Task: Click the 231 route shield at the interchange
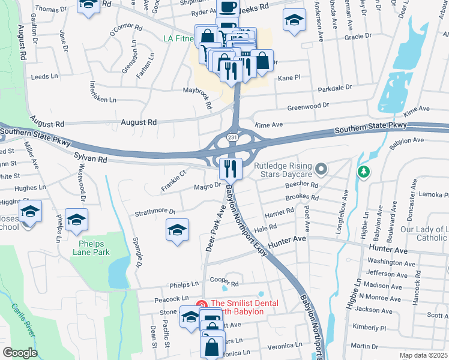pos(232,139)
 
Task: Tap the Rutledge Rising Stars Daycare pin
pos(321,170)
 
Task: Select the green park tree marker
pos(363,173)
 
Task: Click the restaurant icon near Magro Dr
pos(231,169)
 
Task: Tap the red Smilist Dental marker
pos(202,305)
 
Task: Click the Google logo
pos(20,352)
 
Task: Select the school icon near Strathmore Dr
pos(177,230)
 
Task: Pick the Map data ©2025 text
pos(423,355)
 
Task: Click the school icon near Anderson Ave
pos(294,22)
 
